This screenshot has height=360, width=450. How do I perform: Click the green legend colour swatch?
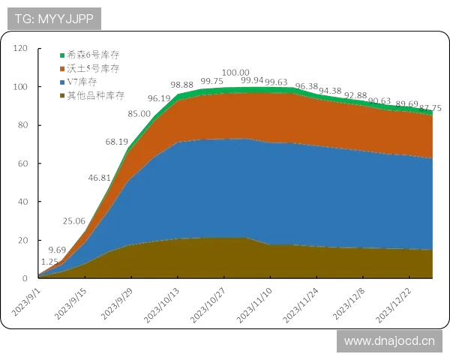63,55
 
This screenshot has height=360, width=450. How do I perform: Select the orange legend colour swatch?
63,68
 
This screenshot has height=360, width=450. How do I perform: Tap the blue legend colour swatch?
63,82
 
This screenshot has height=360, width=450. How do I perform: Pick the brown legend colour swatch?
63,95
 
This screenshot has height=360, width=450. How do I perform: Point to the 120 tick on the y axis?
22,49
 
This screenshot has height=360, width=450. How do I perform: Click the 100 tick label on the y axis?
22,87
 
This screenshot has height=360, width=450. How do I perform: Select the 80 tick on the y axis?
22,125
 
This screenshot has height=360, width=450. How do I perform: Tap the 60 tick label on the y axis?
22,163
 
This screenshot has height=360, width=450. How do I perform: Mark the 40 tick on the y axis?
22,201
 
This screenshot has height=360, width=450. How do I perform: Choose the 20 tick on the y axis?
22,239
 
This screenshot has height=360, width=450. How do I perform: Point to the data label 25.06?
73,221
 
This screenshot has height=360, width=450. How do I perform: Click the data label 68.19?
114,142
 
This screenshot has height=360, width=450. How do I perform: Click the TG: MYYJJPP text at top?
54,19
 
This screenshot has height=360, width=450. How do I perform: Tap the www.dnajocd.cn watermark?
389,341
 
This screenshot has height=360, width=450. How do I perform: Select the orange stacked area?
300,116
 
